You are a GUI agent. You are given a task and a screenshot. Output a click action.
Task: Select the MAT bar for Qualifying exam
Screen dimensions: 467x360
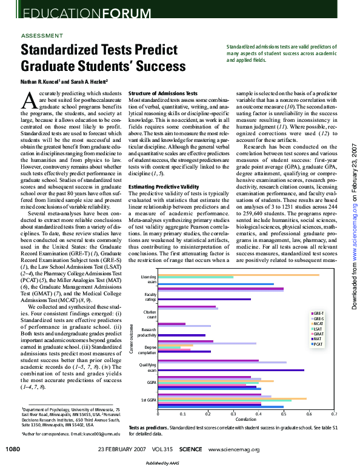(231, 369)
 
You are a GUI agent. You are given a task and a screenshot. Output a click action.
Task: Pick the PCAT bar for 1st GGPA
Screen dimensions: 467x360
(221, 406)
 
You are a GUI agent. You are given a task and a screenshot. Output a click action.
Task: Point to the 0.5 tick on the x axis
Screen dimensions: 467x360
(284, 413)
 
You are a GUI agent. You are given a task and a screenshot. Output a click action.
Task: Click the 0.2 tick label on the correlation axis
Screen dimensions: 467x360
(208, 413)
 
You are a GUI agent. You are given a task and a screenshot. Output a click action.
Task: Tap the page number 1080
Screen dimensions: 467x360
(13, 449)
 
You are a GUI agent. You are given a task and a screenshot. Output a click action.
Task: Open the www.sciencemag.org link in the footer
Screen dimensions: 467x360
(233, 449)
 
